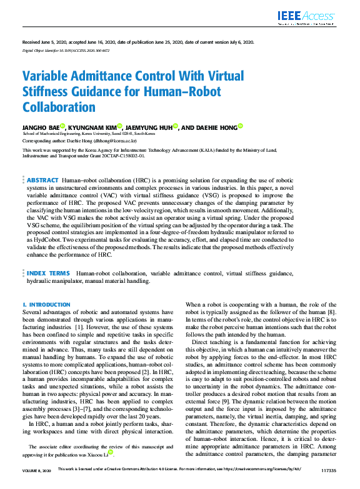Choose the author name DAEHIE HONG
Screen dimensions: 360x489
tap(214, 127)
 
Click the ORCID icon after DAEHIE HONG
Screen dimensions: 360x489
tap(240, 127)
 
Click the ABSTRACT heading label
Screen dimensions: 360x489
tap(43, 180)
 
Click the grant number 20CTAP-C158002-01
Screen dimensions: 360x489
tap(139, 157)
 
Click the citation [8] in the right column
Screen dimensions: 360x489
tap(333, 311)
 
